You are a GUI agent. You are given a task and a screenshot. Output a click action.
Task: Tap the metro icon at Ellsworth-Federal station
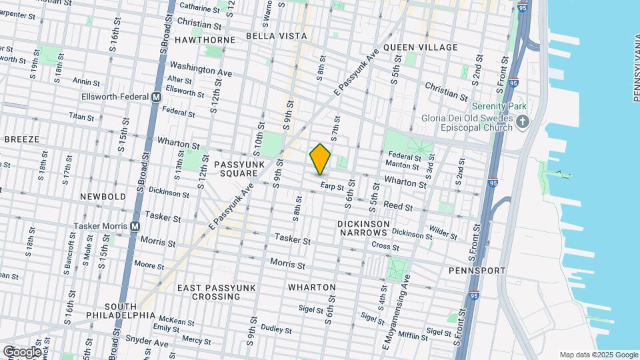157,97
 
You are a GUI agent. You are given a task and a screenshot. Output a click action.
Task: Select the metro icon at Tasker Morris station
135,227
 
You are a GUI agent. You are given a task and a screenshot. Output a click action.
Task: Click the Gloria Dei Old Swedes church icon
523,122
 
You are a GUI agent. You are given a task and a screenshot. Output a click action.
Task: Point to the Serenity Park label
499,107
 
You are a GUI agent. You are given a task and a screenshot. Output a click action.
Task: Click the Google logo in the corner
21,351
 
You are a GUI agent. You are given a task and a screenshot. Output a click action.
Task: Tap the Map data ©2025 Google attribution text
598,355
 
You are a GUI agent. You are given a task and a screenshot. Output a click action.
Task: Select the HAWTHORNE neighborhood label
205,40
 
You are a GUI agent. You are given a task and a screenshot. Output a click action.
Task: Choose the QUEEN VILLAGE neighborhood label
421,47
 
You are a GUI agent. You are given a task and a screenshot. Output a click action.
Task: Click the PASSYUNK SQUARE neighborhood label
236,168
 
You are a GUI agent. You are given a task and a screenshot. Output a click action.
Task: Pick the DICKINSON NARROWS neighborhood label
362,228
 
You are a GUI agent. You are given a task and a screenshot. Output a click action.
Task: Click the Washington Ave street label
201,69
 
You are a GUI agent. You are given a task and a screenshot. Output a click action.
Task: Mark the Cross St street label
385,246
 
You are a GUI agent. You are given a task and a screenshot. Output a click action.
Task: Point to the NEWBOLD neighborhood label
102,197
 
